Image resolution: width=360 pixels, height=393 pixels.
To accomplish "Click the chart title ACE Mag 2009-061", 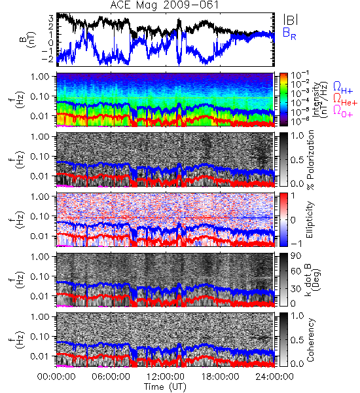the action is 164,5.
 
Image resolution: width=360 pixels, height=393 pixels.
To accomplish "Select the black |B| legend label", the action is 291,19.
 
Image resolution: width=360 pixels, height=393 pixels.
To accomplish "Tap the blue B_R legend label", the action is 289,34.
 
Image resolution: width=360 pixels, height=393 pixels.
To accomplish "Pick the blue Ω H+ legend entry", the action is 343,88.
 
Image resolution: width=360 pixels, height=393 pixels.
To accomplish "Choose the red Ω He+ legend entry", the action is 345,100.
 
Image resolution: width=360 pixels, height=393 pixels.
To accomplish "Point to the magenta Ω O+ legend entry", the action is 343,111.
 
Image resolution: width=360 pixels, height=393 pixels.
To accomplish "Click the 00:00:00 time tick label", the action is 56,377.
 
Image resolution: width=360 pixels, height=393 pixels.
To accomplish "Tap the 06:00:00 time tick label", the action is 111,377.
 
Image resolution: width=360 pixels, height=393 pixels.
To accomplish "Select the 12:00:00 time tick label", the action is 166,377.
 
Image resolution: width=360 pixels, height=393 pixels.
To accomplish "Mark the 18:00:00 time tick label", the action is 220,377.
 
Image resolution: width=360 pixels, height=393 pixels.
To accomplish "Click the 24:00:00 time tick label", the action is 274,377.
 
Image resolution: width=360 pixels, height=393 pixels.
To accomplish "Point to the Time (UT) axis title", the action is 166,387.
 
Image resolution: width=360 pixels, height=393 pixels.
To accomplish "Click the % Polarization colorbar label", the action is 310,160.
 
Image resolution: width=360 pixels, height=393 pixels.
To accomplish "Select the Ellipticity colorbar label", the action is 310,220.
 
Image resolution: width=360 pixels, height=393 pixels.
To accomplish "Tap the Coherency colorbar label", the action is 310,340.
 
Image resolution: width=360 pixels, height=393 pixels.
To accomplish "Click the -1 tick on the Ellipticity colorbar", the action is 296,244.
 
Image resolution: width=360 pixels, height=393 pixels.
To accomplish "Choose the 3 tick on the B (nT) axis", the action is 51,18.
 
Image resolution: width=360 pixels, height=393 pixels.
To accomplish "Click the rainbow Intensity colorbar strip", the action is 283,100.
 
